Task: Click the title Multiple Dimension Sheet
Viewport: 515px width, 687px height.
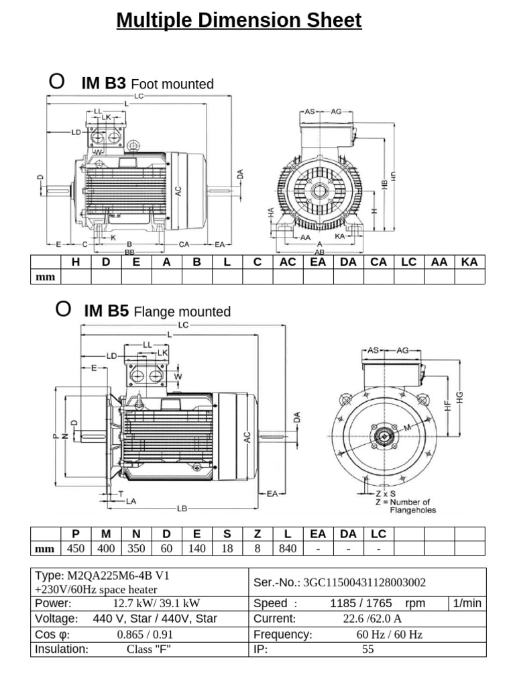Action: [x=239, y=21]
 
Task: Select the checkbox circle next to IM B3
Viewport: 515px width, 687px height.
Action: [x=57, y=82]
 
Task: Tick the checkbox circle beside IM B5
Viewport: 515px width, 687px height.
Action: [x=62, y=309]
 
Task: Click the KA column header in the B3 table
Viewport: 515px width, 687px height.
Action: [x=469, y=262]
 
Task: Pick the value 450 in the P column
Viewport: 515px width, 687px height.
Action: [x=76, y=549]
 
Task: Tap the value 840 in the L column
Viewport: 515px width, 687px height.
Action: [x=288, y=549]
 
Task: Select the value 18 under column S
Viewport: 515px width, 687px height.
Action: [x=227, y=549]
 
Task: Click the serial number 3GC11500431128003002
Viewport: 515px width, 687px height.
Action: [x=365, y=582]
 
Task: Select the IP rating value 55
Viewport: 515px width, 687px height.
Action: [x=367, y=649]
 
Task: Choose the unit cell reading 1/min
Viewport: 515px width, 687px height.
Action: [x=467, y=603]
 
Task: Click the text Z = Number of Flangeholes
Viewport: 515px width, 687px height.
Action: [x=402, y=505]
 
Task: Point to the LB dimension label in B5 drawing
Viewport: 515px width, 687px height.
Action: [x=182, y=509]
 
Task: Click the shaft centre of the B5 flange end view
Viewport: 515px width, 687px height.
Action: [x=384, y=437]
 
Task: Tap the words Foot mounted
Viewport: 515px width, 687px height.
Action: [x=172, y=84]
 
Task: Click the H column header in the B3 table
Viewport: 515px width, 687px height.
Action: [x=76, y=262]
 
